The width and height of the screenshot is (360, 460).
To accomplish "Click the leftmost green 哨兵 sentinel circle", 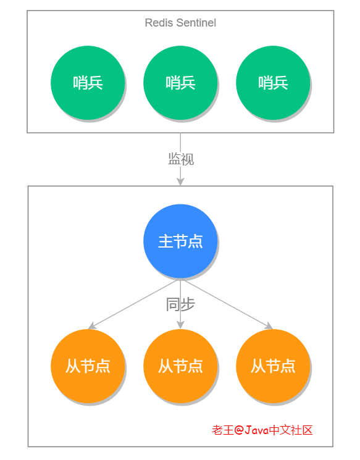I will tap(88, 82).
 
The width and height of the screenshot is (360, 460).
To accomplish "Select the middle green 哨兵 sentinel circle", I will tap(180, 82).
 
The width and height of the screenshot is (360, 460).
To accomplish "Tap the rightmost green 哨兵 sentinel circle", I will tap(273, 82).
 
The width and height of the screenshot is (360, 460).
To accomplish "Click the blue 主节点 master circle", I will tap(180, 241).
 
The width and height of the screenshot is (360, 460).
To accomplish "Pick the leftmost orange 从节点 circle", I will tap(88, 366).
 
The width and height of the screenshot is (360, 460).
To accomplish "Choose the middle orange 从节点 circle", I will tap(180, 366).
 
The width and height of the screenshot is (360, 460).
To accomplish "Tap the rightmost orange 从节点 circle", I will tap(273, 366).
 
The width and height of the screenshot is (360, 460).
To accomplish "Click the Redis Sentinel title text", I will tap(180, 23).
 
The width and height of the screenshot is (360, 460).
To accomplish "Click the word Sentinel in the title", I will tap(196, 23).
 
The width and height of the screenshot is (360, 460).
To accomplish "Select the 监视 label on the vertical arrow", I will tap(181, 159).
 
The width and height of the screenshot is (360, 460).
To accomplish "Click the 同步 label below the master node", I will tap(180, 304).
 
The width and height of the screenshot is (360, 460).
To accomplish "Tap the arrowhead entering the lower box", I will tap(180, 181).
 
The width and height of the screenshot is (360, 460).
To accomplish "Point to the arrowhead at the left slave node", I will tap(92, 325).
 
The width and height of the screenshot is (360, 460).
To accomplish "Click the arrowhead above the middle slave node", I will tap(180, 324).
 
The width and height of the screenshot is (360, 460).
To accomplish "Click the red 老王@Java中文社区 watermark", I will tap(262, 430).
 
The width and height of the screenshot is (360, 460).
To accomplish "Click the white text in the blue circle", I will tap(180, 241).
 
